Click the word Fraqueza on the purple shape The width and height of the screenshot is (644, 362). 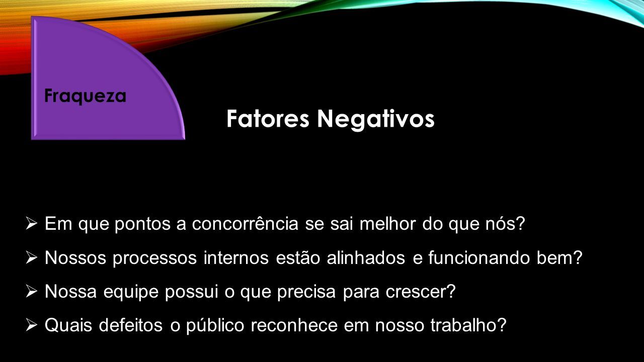pyautogui.click(x=85, y=96)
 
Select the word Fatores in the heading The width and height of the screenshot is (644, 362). pyautogui.click(x=268, y=119)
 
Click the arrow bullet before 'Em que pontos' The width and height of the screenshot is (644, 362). pyautogui.click(x=31, y=224)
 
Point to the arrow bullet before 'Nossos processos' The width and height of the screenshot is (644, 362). pyautogui.click(x=31, y=257)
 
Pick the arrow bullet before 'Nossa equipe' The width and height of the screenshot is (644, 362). pyautogui.click(x=31, y=291)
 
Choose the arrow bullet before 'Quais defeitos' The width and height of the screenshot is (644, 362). pyautogui.click(x=31, y=325)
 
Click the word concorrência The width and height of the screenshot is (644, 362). pyautogui.click(x=245, y=223)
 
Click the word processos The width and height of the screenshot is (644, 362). pyautogui.click(x=154, y=258)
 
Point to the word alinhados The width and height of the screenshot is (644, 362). pyautogui.click(x=366, y=257)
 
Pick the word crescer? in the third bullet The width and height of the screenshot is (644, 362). pyautogui.click(x=421, y=291)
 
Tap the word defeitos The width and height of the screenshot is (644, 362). pyautogui.click(x=131, y=325)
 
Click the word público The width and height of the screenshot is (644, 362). pyautogui.click(x=215, y=325)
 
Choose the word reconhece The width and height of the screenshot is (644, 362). pyautogui.click(x=294, y=325)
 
